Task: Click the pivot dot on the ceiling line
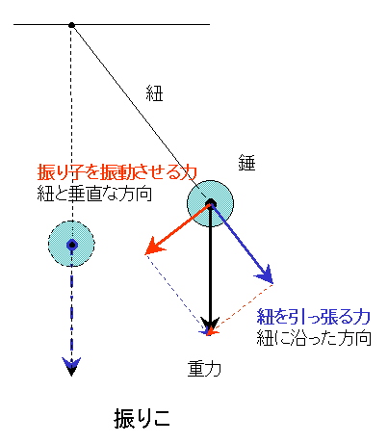(71, 25)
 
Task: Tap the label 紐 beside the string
(154, 93)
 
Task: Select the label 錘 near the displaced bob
(246, 163)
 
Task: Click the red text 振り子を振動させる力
(117, 172)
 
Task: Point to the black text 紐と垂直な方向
(94, 194)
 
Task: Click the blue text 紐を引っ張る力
(314, 317)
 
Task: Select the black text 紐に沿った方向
(314, 337)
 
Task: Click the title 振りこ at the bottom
(142, 418)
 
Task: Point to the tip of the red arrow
(145, 254)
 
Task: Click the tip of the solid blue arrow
(272, 283)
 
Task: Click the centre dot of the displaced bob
(211, 203)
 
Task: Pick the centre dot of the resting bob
(72, 245)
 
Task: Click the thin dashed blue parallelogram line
(176, 293)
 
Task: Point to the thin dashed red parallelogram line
(242, 307)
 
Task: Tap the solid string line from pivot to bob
(140, 113)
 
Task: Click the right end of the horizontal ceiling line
(210, 24)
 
